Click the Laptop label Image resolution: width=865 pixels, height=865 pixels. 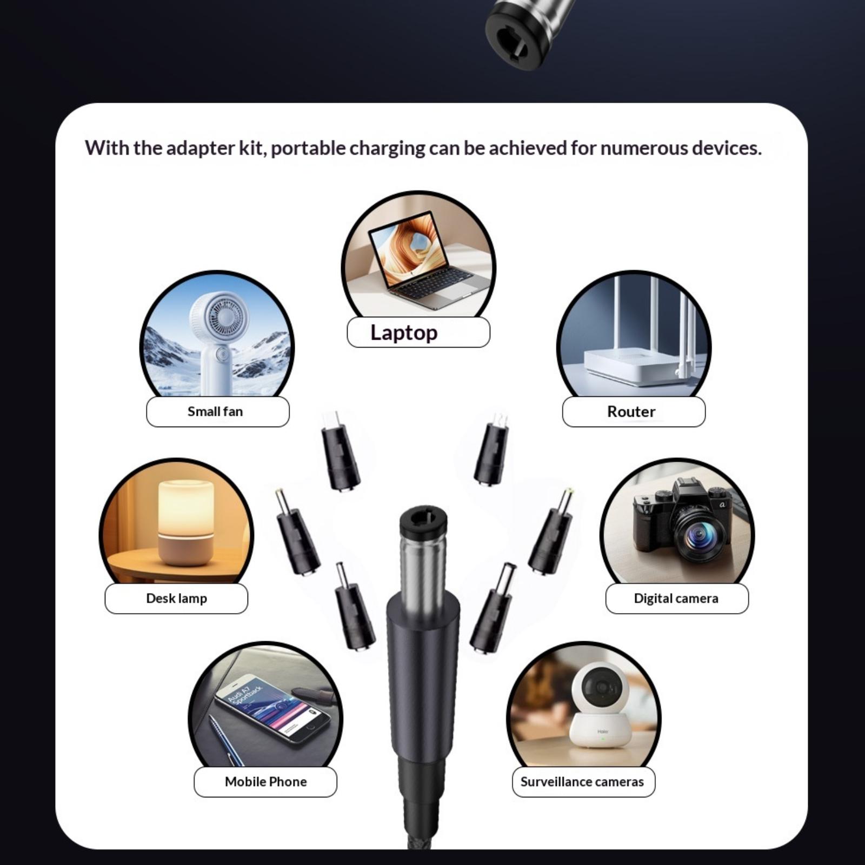404,332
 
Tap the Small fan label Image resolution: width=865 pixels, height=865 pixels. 215,411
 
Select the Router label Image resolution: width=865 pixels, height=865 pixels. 631,411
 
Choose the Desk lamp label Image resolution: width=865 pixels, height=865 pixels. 176,598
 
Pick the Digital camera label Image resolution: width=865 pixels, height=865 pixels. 676,598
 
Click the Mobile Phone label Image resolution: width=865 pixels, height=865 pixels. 265,782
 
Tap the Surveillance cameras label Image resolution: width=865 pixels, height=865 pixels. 582,782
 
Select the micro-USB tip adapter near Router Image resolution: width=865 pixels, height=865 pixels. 491,449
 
